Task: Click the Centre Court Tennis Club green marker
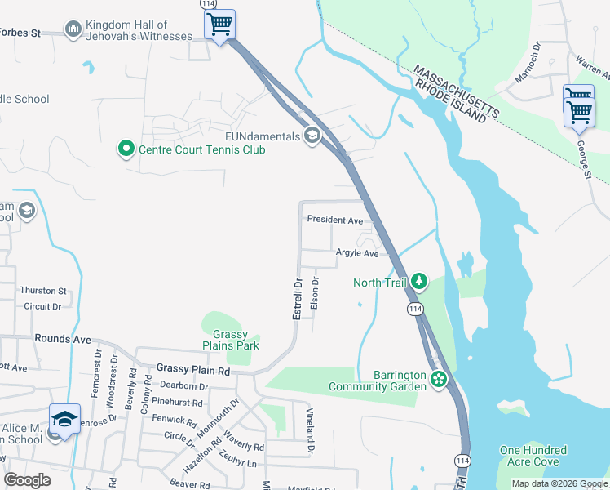(x=126, y=149)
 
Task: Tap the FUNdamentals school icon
(x=311, y=135)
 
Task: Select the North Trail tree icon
(x=419, y=282)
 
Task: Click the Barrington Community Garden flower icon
(x=440, y=379)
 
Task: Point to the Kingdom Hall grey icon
(x=73, y=30)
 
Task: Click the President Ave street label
(x=334, y=220)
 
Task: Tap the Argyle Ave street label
(x=357, y=254)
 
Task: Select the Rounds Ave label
(x=63, y=338)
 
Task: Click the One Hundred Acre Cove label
(x=533, y=456)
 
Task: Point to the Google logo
(x=28, y=480)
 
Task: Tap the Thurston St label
(x=43, y=291)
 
